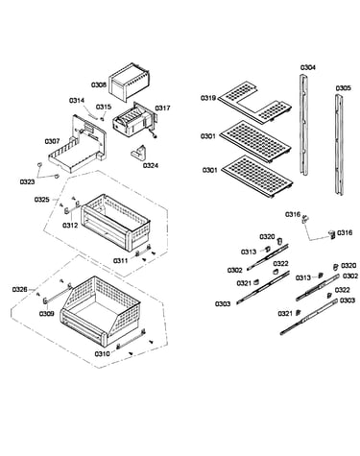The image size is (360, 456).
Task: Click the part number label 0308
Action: pyautogui.click(x=99, y=85)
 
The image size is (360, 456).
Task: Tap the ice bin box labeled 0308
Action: pyautogui.click(x=130, y=82)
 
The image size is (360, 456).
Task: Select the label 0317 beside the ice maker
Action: pyautogui.click(x=162, y=108)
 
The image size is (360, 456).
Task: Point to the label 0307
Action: pyautogui.click(x=52, y=141)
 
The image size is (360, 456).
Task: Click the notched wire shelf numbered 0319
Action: pyautogui.click(x=254, y=102)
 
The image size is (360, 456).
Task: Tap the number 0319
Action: pyautogui.click(x=208, y=98)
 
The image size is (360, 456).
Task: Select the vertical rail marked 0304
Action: pyautogui.click(x=303, y=125)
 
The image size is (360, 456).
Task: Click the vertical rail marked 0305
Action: pyautogui.click(x=339, y=145)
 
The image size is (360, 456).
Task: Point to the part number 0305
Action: pyautogui.click(x=344, y=88)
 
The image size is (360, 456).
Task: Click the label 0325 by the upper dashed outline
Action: pyautogui.click(x=42, y=200)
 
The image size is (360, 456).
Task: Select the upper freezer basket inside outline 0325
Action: pyautogui.click(x=115, y=222)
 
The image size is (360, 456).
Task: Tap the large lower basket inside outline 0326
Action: pyautogui.click(x=101, y=311)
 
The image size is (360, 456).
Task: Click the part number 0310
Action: pyautogui.click(x=102, y=354)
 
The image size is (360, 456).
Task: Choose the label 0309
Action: pyautogui.click(x=47, y=314)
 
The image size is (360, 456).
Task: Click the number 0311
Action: pyautogui.click(x=120, y=261)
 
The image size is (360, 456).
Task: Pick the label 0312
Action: pyautogui.click(x=70, y=226)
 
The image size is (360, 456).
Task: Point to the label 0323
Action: pyautogui.click(x=28, y=182)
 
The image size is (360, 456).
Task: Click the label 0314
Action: pyautogui.click(x=77, y=101)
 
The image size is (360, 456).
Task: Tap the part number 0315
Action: pyautogui.click(x=104, y=107)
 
